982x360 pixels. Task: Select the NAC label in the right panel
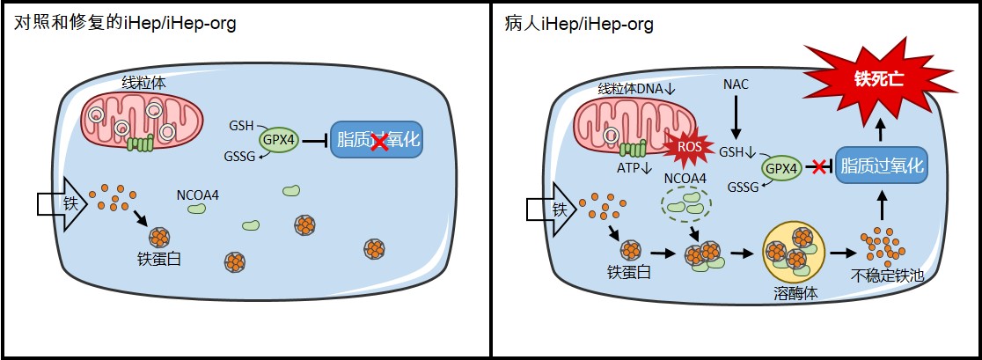pos(736,84)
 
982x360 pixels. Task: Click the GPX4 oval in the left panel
pos(278,140)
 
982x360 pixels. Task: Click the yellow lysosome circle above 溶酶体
pos(793,249)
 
